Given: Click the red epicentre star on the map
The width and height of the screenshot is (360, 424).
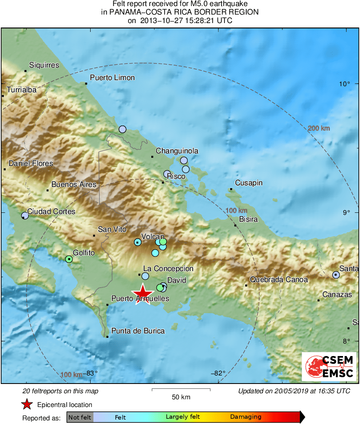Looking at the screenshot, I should (x=143, y=294).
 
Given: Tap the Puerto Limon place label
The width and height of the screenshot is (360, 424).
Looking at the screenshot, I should (x=112, y=78).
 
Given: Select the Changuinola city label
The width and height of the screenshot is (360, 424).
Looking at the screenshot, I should (x=177, y=151).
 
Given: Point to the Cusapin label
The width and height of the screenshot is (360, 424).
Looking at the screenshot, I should (x=249, y=183).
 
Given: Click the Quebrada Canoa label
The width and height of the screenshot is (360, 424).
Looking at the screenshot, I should (x=279, y=279).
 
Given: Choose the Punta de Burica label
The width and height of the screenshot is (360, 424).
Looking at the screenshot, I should (x=138, y=331).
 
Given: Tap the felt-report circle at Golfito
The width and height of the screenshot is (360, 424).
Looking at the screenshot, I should (x=69, y=259).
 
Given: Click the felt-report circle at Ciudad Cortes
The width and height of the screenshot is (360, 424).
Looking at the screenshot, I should (x=25, y=215).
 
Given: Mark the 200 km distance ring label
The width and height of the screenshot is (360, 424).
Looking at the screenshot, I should (x=319, y=128).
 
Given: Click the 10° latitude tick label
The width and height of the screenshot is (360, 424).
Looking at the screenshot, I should (x=345, y=84).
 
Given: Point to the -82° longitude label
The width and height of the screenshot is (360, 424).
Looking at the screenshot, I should (x=219, y=373).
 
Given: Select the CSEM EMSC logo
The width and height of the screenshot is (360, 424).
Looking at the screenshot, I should (x=329, y=367).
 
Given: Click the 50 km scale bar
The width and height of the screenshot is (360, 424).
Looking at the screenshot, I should (x=181, y=390).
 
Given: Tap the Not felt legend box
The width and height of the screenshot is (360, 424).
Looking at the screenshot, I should (x=80, y=417).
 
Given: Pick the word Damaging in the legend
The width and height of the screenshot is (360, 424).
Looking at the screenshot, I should (x=246, y=417).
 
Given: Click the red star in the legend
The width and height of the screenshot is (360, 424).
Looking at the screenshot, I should (x=27, y=404).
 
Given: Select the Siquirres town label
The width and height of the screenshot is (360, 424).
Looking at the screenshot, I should (x=44, y=65).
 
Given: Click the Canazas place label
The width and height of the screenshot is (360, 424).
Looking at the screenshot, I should (x=337, y=295).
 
